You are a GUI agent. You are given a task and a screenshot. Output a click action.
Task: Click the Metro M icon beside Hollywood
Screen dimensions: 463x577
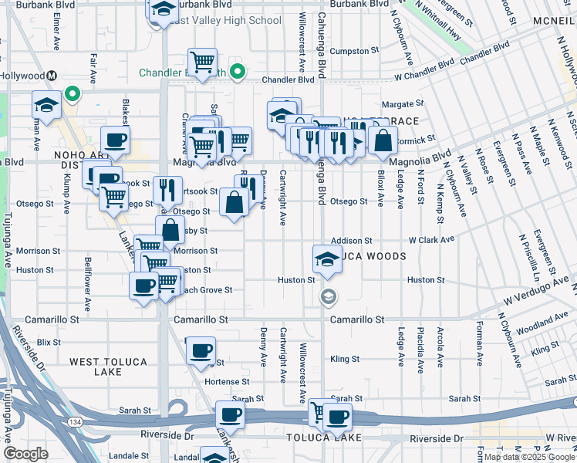[x=52, y=76]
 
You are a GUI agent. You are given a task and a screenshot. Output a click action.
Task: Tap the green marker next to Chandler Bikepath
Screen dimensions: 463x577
[x=238, y=73]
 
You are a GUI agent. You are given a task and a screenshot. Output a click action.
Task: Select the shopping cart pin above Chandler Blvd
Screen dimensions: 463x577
[x=202, y=62]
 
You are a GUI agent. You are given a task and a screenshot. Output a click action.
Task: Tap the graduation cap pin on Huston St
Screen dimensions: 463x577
[x=328, y=259]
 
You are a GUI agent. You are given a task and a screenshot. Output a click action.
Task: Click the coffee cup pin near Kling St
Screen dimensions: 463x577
[x=201, y=350]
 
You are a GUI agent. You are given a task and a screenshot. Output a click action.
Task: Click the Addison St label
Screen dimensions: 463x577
[x=352, y=241]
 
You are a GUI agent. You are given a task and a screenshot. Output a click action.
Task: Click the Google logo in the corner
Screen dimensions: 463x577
[x=25, y=454]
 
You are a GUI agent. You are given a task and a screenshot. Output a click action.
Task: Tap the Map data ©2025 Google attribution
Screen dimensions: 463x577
[x=529, y=457]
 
